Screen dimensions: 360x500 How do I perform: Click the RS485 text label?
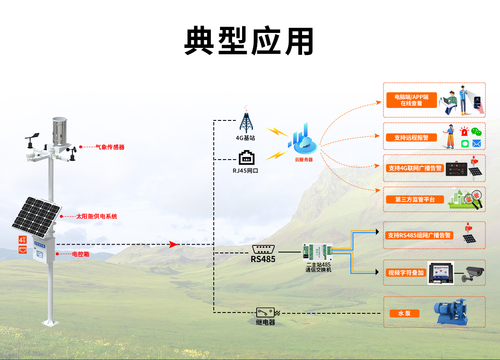pos(263,259)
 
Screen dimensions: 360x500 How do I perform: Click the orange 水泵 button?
pos(404,313)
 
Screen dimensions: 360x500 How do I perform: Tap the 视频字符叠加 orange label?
pos(406,273)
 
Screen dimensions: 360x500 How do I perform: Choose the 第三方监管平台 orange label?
pos(415,200)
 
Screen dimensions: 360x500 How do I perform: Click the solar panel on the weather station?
pos(36,216)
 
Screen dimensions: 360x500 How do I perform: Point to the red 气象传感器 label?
pos(110,147)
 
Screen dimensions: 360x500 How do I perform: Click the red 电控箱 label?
pos(80,254)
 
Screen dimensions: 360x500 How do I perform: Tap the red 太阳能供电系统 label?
pos(96,217)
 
